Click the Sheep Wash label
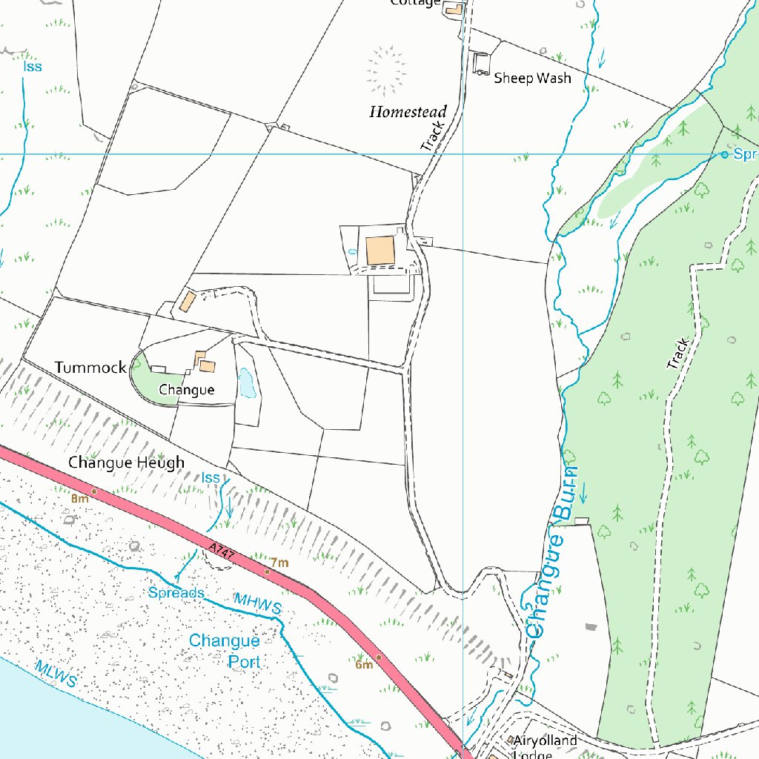(532, 78)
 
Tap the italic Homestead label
(408, 113)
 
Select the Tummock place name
(90, 368)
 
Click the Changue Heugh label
(126, 463)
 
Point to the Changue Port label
(225, 649)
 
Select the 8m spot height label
(80, 499)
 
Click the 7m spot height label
(279, 563)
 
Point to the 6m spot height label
(363, 664)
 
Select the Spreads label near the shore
(176, 593)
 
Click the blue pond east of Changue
(246, 384)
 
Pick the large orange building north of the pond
(381, 251)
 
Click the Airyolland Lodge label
(545, 746)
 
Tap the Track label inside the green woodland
(677, 354)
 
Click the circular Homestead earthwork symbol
(386, 71)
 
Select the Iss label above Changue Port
(211, 478)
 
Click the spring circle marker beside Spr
(724, 154)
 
